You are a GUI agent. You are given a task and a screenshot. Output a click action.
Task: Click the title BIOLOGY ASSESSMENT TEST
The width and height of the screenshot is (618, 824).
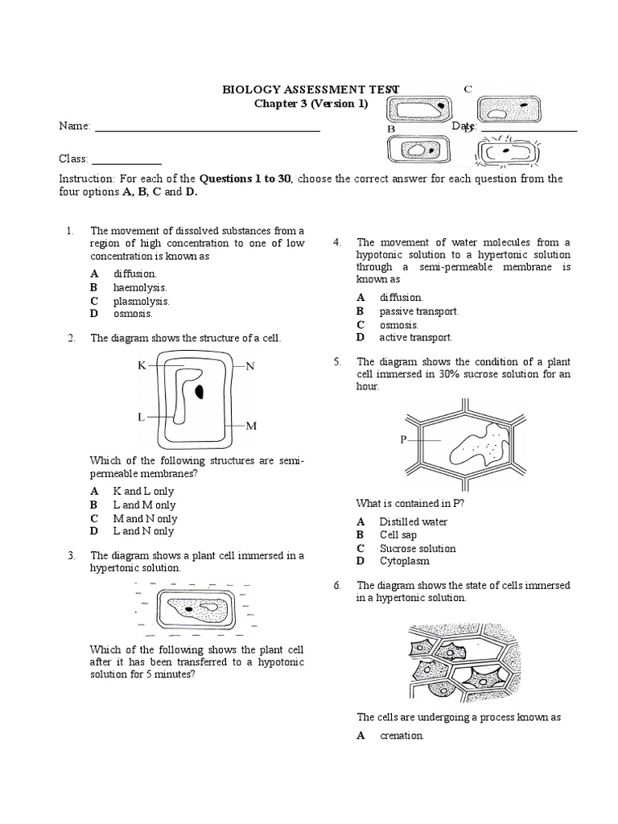[x=311, y=90]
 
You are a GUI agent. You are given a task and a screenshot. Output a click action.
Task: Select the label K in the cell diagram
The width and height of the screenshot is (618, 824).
[x=142, y=365]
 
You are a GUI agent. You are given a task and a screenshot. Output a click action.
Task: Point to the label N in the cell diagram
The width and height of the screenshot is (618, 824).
[x=249, y=366]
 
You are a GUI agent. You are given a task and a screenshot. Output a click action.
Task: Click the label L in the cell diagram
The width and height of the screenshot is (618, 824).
[x=141, y=417]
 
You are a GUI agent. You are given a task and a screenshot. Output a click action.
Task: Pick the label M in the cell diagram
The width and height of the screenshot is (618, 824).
[x=250, y=425]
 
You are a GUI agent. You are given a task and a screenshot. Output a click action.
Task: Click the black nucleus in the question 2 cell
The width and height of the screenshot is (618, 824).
[x=198, y=392]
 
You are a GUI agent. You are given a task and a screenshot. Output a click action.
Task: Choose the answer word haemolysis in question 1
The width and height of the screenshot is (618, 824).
[x=140, y=287]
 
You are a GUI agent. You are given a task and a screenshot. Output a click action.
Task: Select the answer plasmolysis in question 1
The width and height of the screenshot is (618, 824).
[x=142, y=301]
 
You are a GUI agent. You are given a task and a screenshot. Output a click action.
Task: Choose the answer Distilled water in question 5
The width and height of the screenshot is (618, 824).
[x=414, y=521]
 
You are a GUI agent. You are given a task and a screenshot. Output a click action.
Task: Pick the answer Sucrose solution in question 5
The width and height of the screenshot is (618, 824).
[x=418, y=548]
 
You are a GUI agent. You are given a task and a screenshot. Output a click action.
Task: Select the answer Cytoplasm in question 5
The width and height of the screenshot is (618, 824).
[x=405, y=561]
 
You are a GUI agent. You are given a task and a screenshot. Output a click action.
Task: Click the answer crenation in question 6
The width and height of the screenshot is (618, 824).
[x=402, y=735]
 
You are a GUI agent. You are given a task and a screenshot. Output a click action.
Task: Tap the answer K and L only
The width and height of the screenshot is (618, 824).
[x=143, y=491]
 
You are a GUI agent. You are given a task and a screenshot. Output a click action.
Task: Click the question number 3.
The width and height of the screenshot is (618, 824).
[x=72, y=555]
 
